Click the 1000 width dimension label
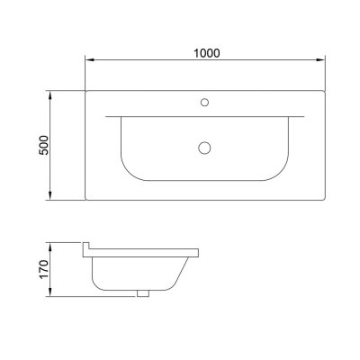click(x=206, y=53)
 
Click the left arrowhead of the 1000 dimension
click(x=88, y=61)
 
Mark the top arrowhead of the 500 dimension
click(x=52, y=93)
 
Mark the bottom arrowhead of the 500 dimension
click(x=52, y=199)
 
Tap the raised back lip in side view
click(x=87, y=247)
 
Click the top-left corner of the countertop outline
click(x=85, y=90)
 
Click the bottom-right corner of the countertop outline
click(x=324, y=202)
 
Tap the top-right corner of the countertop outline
click(x=324, y=90)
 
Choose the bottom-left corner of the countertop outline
click(x=85, y=202)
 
